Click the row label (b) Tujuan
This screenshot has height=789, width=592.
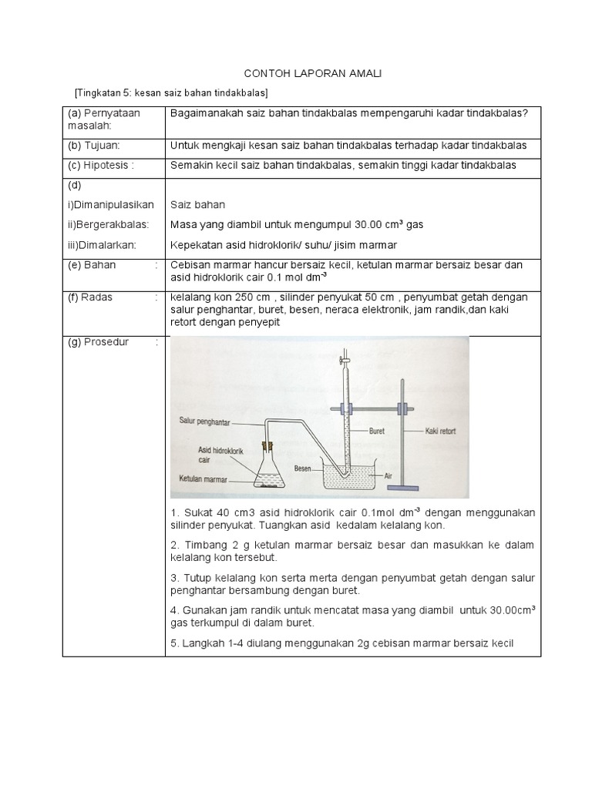point(92,145)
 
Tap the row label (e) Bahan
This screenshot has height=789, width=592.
point(89,264)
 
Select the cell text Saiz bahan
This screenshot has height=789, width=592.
point(197,205)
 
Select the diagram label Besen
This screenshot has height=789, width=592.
point(304,468)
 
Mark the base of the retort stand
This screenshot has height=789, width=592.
point(402,489)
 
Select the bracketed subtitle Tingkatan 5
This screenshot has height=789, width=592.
point(171,92)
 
